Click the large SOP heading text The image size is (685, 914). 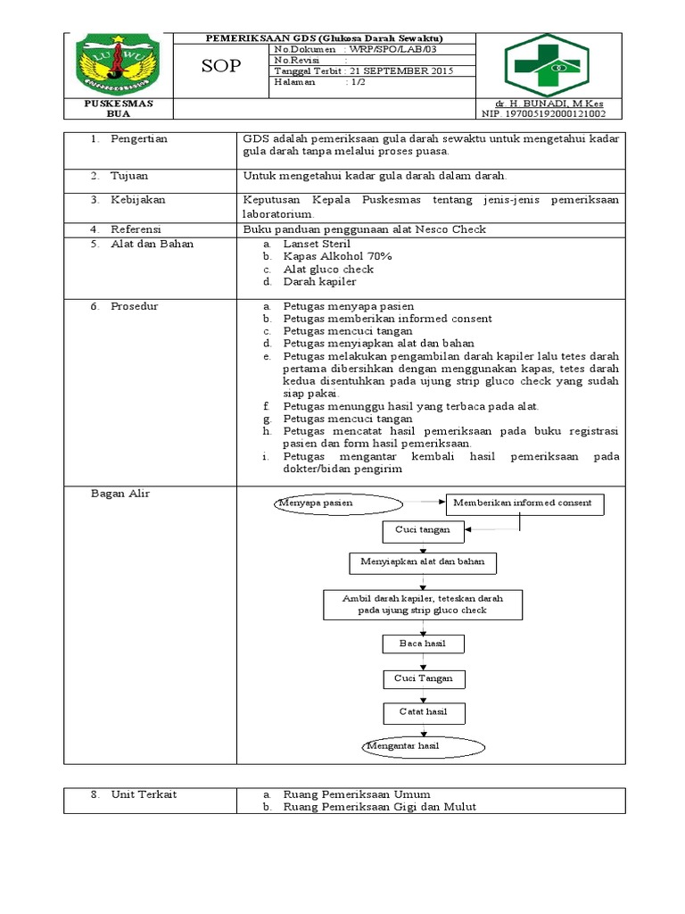[220, 66]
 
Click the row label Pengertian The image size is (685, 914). [138, 139]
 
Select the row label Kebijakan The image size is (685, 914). [137, 200]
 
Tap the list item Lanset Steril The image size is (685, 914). [317, 244]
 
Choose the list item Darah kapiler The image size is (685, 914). [319, 281]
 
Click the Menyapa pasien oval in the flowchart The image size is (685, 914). [316, 503]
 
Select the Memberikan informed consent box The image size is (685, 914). [525, 503]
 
